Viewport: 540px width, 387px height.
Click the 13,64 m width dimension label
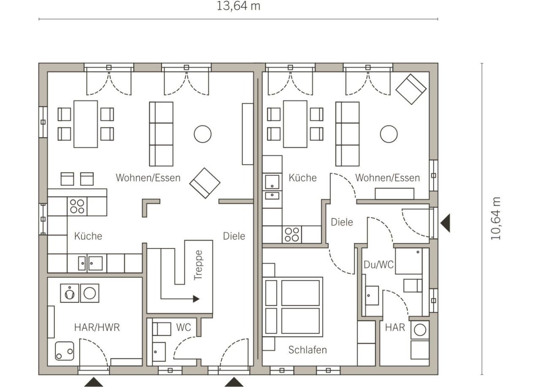point(238,6)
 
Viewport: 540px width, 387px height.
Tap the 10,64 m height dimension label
point(496,218)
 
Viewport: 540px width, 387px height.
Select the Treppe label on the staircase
point(198,265)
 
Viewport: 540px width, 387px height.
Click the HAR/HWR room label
point(97,327)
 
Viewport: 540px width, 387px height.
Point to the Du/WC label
point(378,264)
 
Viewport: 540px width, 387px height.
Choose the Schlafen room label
point(308,350)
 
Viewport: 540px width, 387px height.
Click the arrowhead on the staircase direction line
point(196,299)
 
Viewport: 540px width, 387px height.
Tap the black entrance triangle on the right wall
point(445,223)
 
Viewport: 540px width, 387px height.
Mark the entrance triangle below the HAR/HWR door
point(94,382)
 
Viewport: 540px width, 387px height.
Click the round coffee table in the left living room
point(202,134)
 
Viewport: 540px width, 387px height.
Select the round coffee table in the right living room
point(389,134)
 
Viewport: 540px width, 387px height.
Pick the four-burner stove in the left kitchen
point(77,206)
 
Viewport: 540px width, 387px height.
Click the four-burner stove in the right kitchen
point(292,234)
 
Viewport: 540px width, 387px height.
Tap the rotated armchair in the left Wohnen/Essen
point(205,183)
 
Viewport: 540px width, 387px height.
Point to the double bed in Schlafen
point(293,307)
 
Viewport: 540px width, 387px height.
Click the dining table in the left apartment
point(86,124)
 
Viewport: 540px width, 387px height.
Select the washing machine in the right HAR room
point(420,330)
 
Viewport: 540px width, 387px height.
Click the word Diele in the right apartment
point(342,222)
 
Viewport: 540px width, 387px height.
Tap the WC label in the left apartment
point(184,327)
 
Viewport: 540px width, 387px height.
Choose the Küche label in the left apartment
point(88,236)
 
